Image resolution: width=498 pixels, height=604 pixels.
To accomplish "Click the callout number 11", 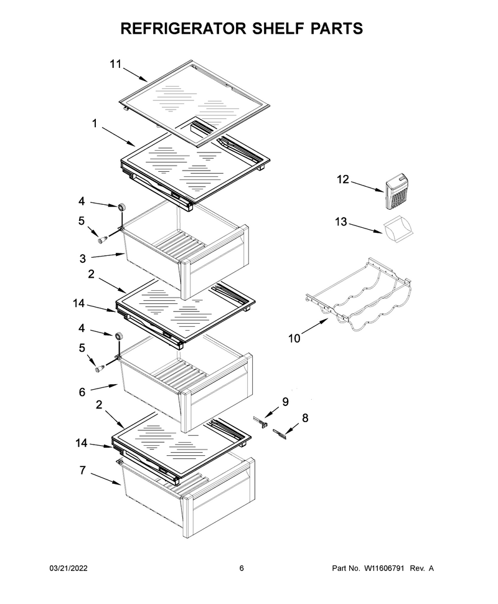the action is point(116,64).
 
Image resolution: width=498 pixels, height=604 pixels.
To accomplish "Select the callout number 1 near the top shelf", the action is point(95,123).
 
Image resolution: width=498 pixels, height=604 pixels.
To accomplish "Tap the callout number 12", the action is point(343,179).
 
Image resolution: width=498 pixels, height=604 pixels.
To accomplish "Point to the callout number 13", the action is point(341,222).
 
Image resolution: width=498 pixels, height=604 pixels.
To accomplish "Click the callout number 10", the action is point(294,339).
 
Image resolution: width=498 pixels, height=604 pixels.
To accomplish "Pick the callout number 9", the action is point(285,402).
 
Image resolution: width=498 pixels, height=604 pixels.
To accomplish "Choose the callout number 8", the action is point(305,418).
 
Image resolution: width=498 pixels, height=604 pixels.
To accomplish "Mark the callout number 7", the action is point(82,470).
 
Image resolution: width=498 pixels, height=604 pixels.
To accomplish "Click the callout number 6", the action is point(82,392).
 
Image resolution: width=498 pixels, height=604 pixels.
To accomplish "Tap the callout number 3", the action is point(82,258).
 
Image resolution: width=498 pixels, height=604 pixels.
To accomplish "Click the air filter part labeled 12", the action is point(397,191).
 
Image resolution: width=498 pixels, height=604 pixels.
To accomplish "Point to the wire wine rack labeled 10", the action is point(358,299).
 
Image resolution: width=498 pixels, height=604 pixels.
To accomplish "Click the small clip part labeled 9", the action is point(260,422).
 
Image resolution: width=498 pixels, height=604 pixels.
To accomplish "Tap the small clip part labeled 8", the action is point(280,434).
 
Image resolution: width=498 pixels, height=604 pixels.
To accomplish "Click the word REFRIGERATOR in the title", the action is point(184,29).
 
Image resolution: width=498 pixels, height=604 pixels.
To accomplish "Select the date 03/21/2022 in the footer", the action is point(68,568).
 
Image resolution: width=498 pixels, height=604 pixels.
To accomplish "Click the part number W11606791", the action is point(383,568).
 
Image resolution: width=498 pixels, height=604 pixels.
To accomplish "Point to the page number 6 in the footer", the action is point(242,568).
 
